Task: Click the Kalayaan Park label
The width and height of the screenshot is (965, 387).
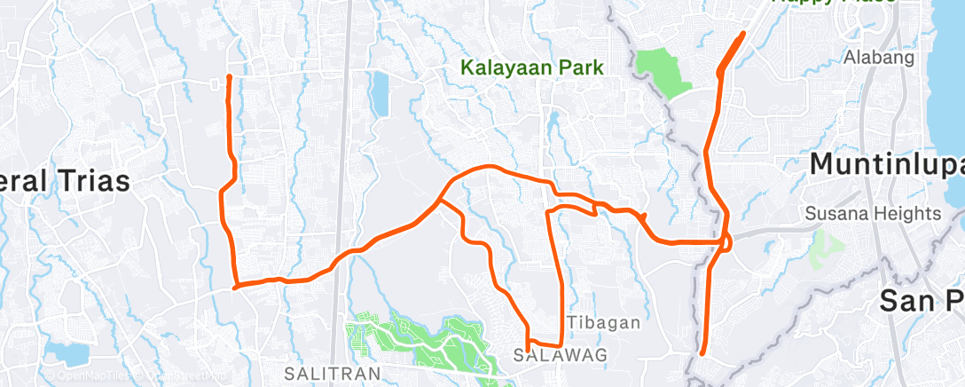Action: click(x=532, y=67)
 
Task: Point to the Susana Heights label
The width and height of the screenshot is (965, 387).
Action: click(x=873, y=214)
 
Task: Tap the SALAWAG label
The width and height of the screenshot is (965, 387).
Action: click(x=547, y=355)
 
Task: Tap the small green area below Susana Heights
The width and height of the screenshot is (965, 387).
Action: click(x=825, y=249)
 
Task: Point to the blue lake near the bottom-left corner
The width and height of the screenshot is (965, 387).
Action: click(x=67, y=351)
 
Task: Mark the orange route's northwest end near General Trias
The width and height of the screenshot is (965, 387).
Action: click(x=229, y=77)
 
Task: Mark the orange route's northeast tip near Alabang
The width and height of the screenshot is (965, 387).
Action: click(x=743, y=34)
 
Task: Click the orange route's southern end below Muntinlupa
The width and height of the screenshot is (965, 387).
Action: click(x=702, y=353)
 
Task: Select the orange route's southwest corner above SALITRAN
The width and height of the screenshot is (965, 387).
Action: click(x=234, y=287)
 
